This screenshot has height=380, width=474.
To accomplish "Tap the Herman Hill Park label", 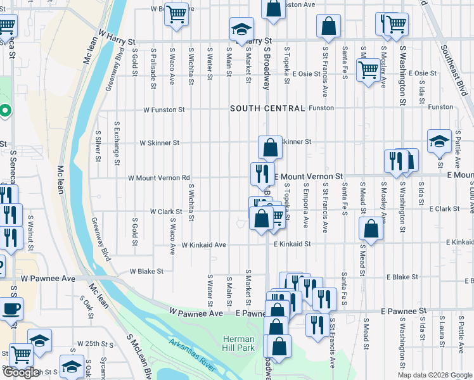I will tap(238, 343).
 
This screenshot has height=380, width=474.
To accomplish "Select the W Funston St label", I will tap(163, 110).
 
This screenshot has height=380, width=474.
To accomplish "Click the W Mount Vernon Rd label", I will tap(159, 178).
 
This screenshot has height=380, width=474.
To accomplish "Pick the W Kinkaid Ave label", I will tap(203, 244).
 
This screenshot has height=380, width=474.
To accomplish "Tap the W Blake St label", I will tap(146, 271).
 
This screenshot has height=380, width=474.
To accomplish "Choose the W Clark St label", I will tap(165, 211).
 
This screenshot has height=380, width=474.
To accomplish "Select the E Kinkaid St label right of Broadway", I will tap(292, 244).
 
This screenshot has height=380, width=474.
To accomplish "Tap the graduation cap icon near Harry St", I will tap(241, 29).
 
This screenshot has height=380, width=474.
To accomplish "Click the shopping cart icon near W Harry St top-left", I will tap(177, 13).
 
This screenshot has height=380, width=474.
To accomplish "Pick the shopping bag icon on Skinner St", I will tap(270, 147).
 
